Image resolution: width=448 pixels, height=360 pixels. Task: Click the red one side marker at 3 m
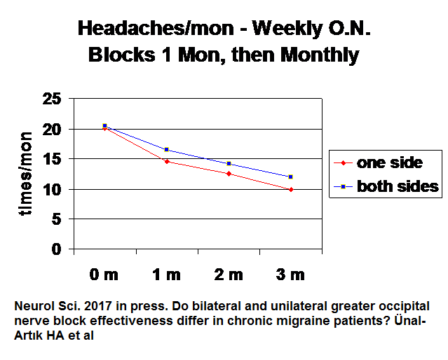(x=291, y=189)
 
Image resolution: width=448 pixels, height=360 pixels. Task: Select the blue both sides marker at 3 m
(x=291, y=176)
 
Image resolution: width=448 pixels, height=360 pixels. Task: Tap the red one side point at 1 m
(x=167, y=161)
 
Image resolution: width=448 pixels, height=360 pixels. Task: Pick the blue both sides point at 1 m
(x=167, y=149)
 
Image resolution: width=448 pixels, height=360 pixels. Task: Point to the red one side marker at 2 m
(x=229, y=173)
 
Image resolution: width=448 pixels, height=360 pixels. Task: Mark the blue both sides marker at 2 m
(x=229, y=163)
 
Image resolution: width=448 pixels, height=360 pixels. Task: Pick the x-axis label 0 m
(x=104, y=275)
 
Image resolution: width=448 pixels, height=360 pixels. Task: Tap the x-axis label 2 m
(x=229, y=275)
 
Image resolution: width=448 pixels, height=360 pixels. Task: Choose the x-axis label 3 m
(x=290, y=275)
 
